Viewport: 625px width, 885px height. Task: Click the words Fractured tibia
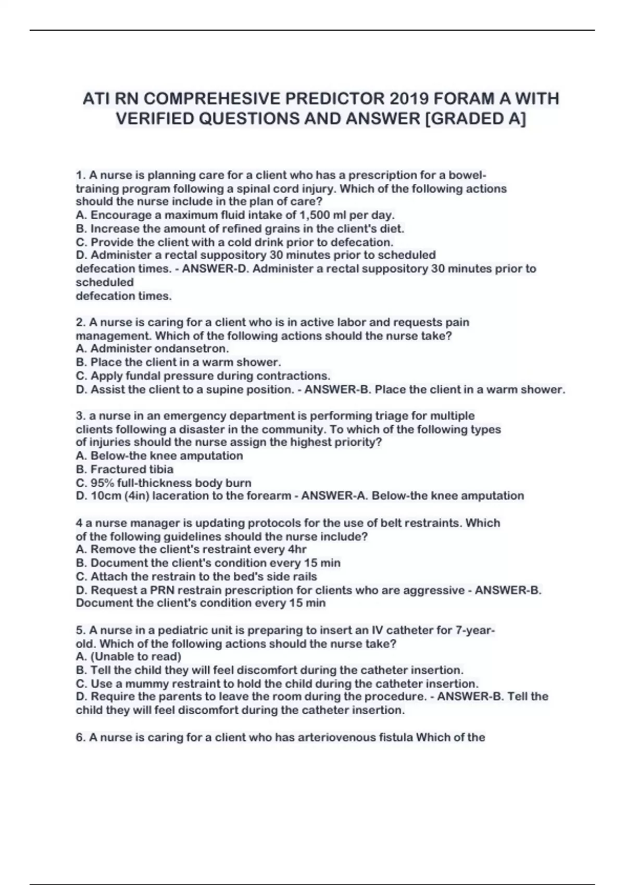coord(132,469)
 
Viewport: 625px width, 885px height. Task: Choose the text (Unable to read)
coord(136,656)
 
